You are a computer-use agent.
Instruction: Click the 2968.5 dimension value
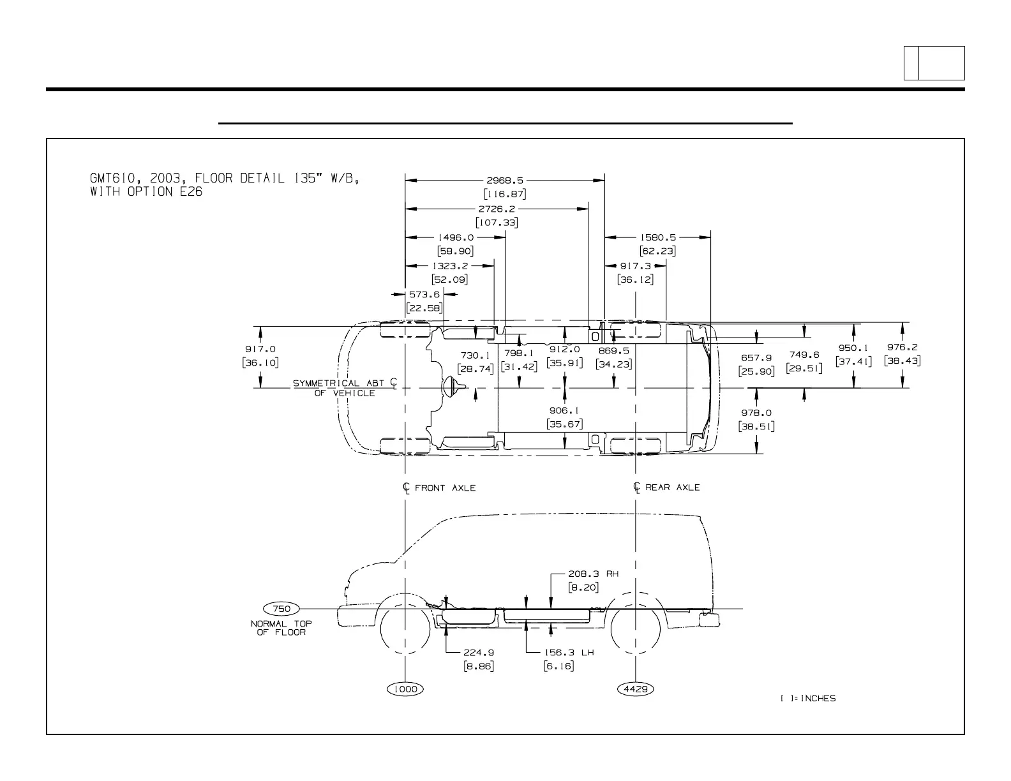(x=504, y=181)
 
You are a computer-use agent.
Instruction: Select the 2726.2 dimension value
(x=497, y=209)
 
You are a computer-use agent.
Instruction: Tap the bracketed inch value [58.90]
(x=455, y=251)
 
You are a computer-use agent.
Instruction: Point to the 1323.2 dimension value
(x=450, y=265)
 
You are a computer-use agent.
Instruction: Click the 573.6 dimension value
(x=424, y=294)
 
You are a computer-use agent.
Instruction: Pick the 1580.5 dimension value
(x=657, y=237)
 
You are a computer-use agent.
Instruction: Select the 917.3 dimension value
(x=635, y=265)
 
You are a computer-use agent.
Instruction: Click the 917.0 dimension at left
(x=260, y=349)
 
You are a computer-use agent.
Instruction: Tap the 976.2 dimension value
(x=902, y=347)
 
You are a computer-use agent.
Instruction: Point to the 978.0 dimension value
(x=756, y=413)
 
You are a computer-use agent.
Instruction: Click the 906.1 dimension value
(x=565, y=410)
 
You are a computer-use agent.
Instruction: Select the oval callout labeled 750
(x=281, y=608)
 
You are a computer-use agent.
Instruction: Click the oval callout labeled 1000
(x=406, y=688)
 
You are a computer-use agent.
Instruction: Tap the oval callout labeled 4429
(x=636, y=688)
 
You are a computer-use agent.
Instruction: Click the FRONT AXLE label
(x=445, y=487)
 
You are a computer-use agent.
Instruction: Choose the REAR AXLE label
(x=672, y=487)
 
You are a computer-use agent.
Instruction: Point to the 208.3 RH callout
(x=593, y=574)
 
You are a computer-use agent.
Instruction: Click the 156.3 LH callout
(x=569, y=653)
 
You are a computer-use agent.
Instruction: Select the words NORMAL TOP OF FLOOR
(x=281, y=628)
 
